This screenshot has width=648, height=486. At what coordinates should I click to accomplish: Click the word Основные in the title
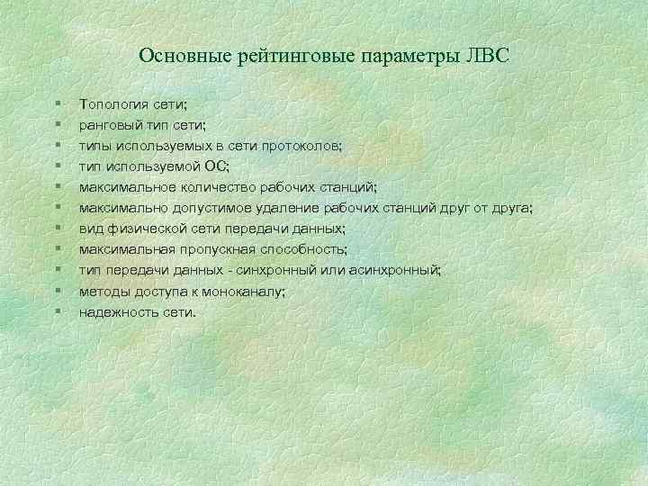185,56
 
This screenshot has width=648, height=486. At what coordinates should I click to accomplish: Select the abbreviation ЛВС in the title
487,56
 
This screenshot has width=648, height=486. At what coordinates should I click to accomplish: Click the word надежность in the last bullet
114,312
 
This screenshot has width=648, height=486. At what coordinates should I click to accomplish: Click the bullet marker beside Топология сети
57,105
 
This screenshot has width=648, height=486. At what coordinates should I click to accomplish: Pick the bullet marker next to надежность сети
57,312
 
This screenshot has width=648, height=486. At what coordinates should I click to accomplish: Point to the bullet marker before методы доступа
57,292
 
